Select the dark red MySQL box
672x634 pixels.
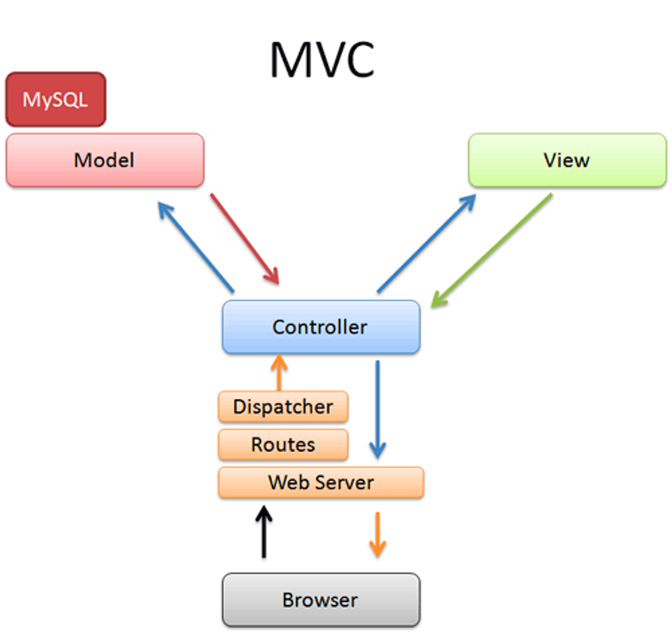[56, 99]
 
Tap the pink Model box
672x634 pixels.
[105, 160]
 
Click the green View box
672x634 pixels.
[567, 160]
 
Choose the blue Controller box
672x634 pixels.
[321, 327]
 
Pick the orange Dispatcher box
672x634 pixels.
[283, 407]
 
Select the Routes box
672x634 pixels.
[283, 445]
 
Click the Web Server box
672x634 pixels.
[321, 482]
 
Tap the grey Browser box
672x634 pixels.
[321, 600]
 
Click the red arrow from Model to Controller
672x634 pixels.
[245, 238]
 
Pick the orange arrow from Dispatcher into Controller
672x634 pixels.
[279, 373]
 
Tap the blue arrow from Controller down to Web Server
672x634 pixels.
[378, 410]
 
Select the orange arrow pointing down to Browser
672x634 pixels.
[378, 534]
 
